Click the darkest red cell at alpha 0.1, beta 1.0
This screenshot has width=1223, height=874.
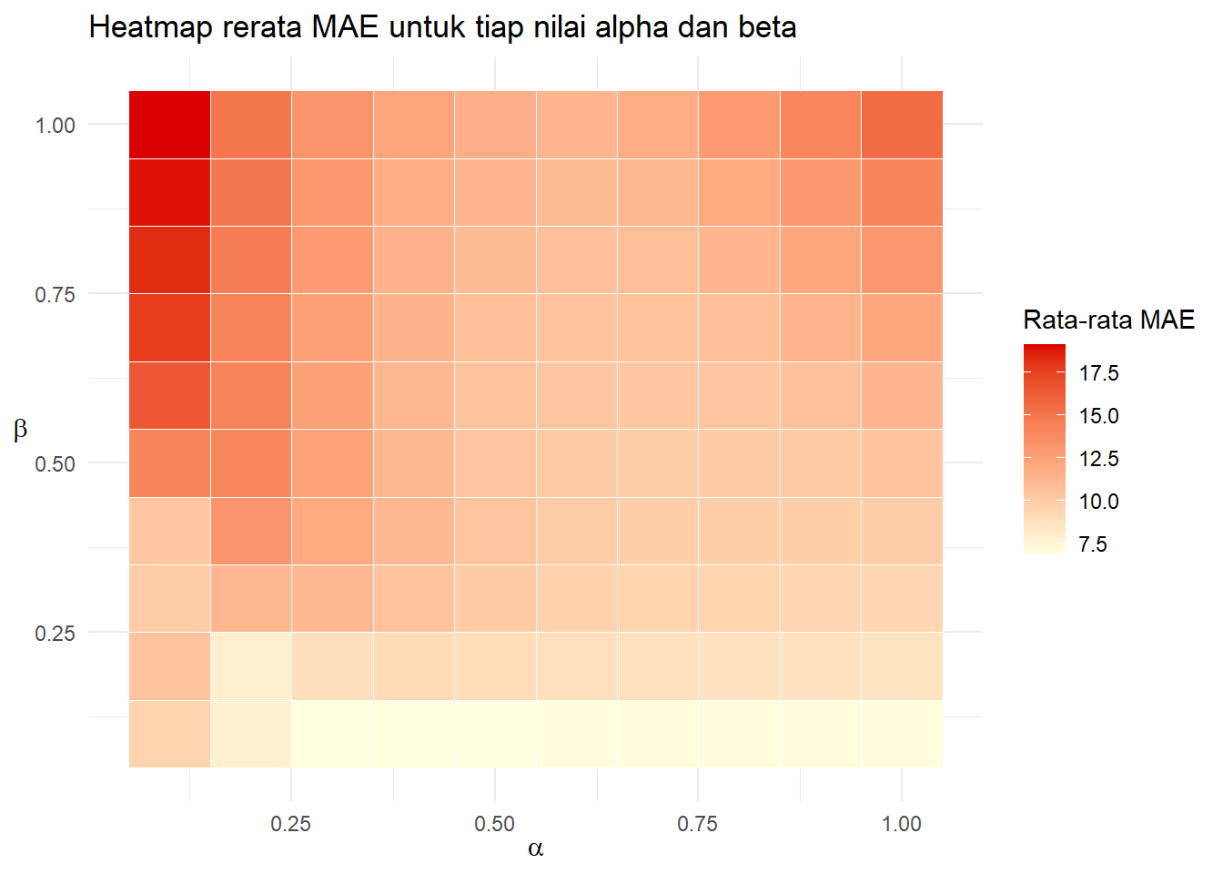pyautogui.click(x=169, y=125)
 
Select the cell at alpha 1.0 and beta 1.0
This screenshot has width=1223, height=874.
pyautogui.click(x=902, y=125)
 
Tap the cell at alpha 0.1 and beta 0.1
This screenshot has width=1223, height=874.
pyautogui.click(x=169, y=734)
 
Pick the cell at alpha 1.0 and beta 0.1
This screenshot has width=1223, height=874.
pyautogui.click(x=902, y=734)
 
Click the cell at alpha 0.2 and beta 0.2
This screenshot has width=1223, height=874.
pyautogui.click(x=251, y=666)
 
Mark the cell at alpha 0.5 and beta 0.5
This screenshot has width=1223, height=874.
pyautogui.click(x=495, y=462)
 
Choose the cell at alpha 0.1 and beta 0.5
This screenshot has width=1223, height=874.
pyautogui.click(x=169, y=462)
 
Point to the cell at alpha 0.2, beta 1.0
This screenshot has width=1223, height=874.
pyautogui.click(x=251, y=125)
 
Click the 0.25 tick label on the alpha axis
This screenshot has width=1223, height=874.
pyautogui.click(x=290, y=824)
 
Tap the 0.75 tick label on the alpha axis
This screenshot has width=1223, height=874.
pyautogui.click(x=697, y=824)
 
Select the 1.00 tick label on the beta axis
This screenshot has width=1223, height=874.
pyautogui.click(x=55, y=126)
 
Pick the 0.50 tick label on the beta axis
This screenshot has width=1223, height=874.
pyautogui.click(x=55, y=464)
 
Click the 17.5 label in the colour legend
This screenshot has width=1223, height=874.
pyautogui.click(x=1098, y=373)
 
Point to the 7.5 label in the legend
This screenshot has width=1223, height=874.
pyautogui.click(x=1092, y=544)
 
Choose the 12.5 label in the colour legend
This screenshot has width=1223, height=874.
pyautogui.click(x=1098, y=459)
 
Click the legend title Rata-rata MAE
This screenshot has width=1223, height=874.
pyautogui.click(x=1108, y=320)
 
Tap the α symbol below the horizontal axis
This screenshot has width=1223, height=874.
pyautogui.click(x=535, y=849)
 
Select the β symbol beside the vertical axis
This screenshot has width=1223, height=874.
pyautogui.click(x=20, y=429)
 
